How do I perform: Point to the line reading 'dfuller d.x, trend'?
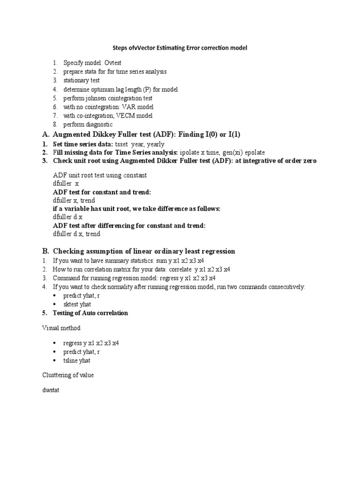(77, 234)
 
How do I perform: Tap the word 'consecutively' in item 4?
(285, 286)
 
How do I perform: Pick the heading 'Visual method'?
(61, 328)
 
